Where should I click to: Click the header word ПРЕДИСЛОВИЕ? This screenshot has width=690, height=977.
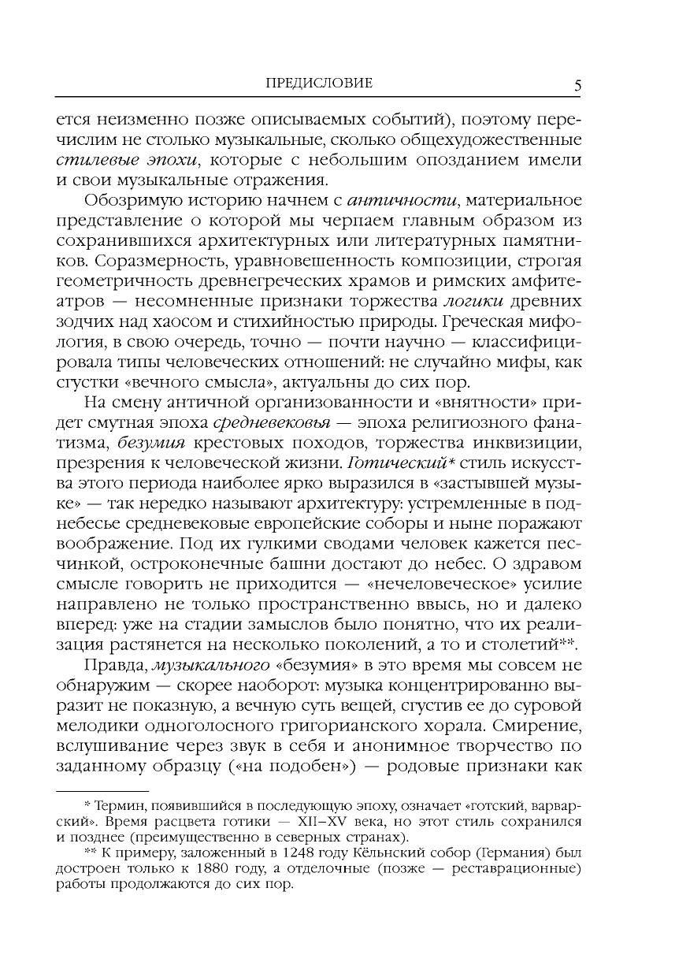coord(319,84)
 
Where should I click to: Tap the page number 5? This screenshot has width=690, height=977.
coord(577,86)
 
